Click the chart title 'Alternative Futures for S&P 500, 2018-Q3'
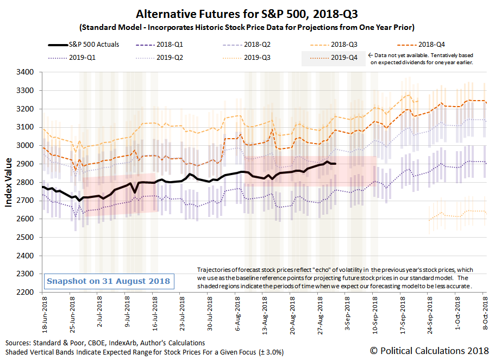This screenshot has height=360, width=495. (x=247, y=13)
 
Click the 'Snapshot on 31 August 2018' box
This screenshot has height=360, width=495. (x=109, y=281)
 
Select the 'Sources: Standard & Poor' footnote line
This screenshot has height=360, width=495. (x=105, y=343)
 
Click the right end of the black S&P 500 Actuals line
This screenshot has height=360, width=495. (x=335, y=164)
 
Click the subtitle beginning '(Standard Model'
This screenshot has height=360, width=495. (x=247, y=27)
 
